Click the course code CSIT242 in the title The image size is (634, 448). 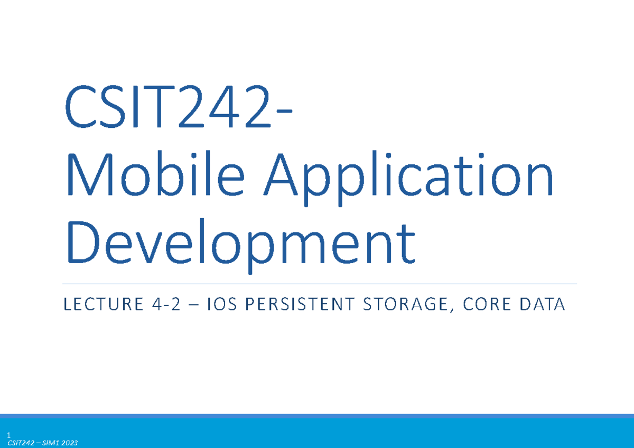(169, 110)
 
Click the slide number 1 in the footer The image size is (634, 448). (9, 436)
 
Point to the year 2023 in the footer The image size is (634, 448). (70, 443)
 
